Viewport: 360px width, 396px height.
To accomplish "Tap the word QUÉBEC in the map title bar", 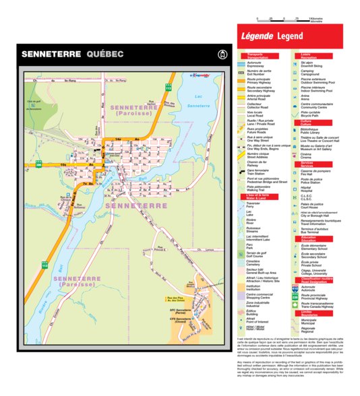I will [x=105, y=54].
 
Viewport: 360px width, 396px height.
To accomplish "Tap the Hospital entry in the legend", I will [x=307, y=189].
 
